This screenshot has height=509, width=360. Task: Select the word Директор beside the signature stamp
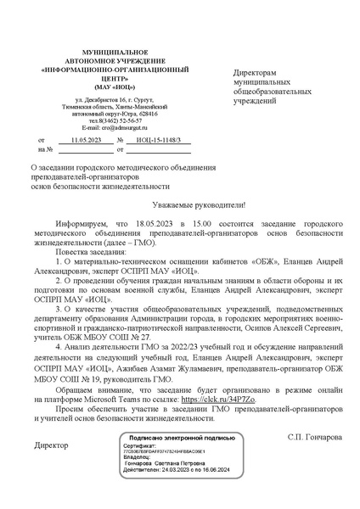pyautogui.click(x=50, y=445)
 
